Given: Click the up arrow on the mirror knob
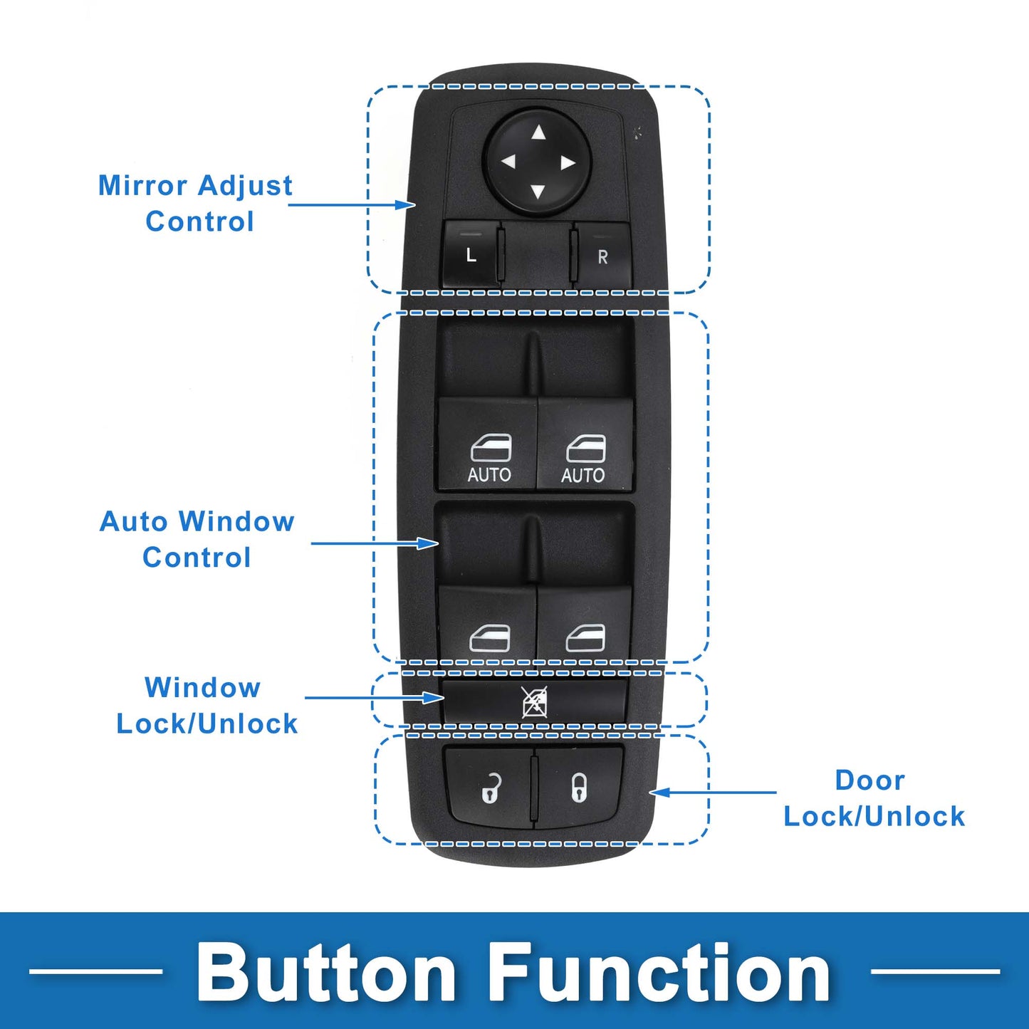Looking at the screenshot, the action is point(538,132).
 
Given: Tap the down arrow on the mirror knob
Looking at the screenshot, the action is point(538,192).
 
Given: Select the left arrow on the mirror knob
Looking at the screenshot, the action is point(508,162).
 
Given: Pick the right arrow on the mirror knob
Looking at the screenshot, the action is point(568,163).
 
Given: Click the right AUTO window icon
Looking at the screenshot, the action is point(586,448).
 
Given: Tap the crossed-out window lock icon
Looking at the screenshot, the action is point(535,702).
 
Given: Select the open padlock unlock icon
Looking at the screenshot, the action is point(491,788).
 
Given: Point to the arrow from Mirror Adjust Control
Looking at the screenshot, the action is point(352,204).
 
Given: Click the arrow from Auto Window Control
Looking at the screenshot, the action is point(375,543).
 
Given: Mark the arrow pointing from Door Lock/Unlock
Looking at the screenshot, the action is point(713,793).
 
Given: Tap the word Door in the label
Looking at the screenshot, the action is point(870,780).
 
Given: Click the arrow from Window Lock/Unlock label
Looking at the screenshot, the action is point(375,697).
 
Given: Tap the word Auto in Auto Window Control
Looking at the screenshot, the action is point(133,521).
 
